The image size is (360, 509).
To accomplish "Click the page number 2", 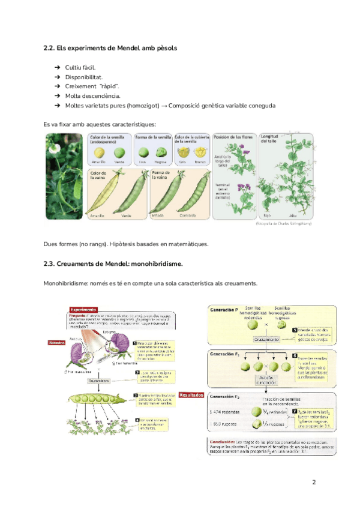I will (313, 483).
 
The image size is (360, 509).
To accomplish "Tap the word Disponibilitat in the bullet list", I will (84, 77).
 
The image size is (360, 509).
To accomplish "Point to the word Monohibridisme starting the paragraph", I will (66, 283).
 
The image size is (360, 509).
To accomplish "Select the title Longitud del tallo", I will (274, 140).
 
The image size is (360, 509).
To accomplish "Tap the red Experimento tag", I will (84, 310).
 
